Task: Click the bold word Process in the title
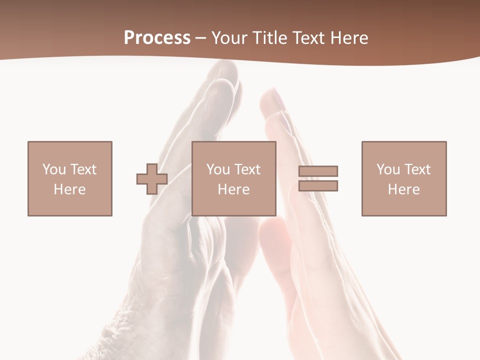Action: tap(157, 38)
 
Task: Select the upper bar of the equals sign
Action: tap(318, 171)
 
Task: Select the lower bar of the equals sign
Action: tap(318, 186)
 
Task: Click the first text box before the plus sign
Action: tap(69, 178)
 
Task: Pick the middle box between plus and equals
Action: tap(234, 178)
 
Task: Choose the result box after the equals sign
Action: tap(404, 178)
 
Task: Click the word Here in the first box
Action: tap(69, 189)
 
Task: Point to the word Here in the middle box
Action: tap(234, 189)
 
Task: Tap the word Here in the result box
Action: tap(404, 189)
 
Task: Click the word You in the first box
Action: tap(54, 169)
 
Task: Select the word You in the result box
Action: tap(388, 169)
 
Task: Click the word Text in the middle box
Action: tap(248, 169)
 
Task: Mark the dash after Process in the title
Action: tap(200, 38)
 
